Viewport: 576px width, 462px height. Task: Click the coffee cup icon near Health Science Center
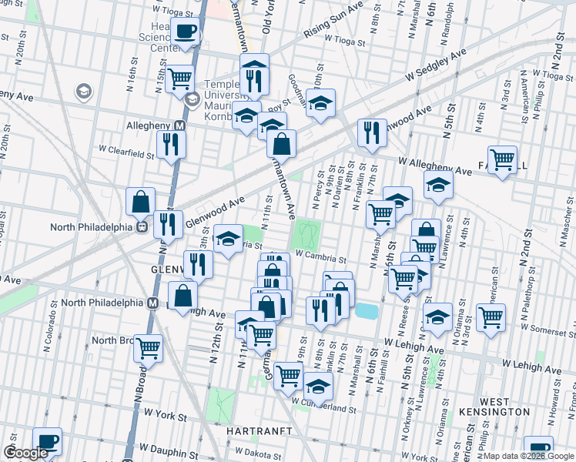(186, 32)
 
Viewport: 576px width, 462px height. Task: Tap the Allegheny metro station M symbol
(179, 126)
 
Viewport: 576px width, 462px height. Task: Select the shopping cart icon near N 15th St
(179, 77)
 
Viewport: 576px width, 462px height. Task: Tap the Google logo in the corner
(25, 453)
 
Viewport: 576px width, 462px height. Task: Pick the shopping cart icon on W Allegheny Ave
(502, 159)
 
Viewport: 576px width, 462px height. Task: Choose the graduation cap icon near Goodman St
(321, 102)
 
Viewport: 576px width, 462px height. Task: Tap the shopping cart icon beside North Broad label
(148, 347)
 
